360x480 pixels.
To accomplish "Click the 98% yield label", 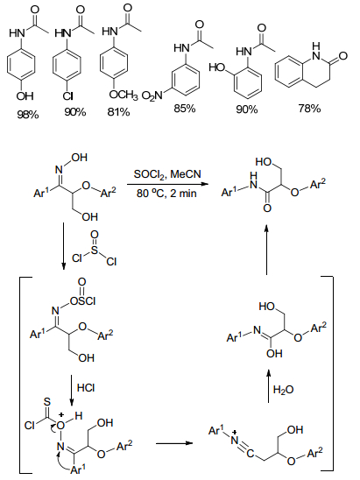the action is pyautogui.click(x=28, y=115).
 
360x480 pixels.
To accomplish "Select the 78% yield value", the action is pyautogui.click(x=309, y=109).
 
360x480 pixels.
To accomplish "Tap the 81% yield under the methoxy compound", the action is pyautogui.click(x=118, y=112).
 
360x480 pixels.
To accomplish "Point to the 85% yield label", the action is pyautogui.click(x=185, y=109).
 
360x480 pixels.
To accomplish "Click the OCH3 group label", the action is pyautogui.click(x=124, y=95).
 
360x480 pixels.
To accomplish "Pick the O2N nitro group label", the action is pyautogui.click(x=152, y=96).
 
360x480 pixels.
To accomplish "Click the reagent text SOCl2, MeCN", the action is pyautogui.click(x=167, y=174).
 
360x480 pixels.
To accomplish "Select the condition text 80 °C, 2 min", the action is pyautogui.click(x=166, y=194).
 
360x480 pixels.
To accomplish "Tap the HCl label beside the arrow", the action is pyautogui.click(x=86, y=388).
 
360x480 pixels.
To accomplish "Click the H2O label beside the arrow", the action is pyautogui.click(x=283, y=390).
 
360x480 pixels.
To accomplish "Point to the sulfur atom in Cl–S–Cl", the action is pyautogui.click(x=95, y=251).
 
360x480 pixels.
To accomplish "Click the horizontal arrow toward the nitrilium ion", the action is pyautogui.click(x=174, y=443).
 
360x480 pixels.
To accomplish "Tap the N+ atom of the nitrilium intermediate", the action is pyautogui.click(x=235, y=440).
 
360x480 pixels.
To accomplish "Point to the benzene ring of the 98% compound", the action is pyautogui.click(x=21, y=64).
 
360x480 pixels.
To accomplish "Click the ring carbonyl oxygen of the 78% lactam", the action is pyautogui.click(x=343, y=56).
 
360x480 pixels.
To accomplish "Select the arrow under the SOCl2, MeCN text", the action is pyautogui.click(x=167, y=184).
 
